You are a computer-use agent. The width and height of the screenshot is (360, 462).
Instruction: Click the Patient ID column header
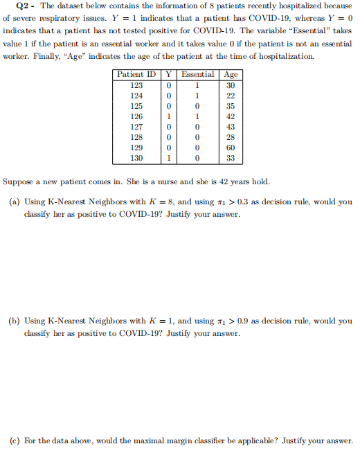136,74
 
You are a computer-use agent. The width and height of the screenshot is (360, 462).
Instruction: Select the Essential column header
197,74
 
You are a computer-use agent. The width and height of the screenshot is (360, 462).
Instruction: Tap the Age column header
231,74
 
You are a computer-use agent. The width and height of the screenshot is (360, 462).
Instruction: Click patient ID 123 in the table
136,85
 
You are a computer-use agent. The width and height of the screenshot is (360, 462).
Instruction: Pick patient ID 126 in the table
136,116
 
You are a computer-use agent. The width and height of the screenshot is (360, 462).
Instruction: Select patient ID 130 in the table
136,158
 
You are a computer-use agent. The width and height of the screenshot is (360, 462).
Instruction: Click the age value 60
231,148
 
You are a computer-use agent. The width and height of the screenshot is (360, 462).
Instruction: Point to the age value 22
231,96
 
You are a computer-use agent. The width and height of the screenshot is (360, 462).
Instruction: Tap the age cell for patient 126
231,116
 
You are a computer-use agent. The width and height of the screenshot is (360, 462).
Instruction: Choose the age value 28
231,137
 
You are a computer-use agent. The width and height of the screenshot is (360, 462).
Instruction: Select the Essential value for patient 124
197,96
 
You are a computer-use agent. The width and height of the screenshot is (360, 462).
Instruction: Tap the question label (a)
14,202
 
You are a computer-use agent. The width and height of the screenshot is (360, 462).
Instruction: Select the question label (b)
14,321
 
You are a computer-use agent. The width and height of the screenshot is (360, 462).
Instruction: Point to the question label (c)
14,441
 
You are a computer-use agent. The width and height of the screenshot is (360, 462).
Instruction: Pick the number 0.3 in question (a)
243,202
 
